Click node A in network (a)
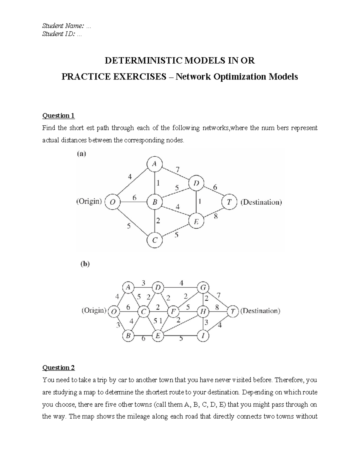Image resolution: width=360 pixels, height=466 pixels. click(x=154, y=164)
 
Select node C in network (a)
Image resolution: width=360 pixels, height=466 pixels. click(x=154, y=240)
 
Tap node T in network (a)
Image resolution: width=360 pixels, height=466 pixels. click(x=229, y=202)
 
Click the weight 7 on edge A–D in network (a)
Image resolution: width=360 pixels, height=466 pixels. click(x=178, y=170)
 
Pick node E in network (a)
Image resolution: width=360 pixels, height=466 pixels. click(x=196, y=222)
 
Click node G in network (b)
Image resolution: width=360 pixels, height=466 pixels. click(x=203, y=288)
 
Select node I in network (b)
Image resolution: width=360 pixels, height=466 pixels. click(x=203, y=336)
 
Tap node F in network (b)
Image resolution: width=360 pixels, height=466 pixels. click(x=173, y=311)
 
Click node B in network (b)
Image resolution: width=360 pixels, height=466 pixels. click(x=128, y=336)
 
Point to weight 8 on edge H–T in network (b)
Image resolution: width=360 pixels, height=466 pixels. click(x=217, y=308)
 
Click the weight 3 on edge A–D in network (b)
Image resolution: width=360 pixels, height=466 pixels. click(x=143, y=283)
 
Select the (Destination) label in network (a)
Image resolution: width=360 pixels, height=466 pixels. click(x=261, y=202)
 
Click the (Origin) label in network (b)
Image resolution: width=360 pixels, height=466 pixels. click(x=94, y=311)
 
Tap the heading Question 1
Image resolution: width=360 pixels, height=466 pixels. click(x=58, y=116)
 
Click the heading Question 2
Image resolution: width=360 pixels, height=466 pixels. click(x=58, y=368)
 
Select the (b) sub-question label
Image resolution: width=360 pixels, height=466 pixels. click(x=85, y=264)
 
